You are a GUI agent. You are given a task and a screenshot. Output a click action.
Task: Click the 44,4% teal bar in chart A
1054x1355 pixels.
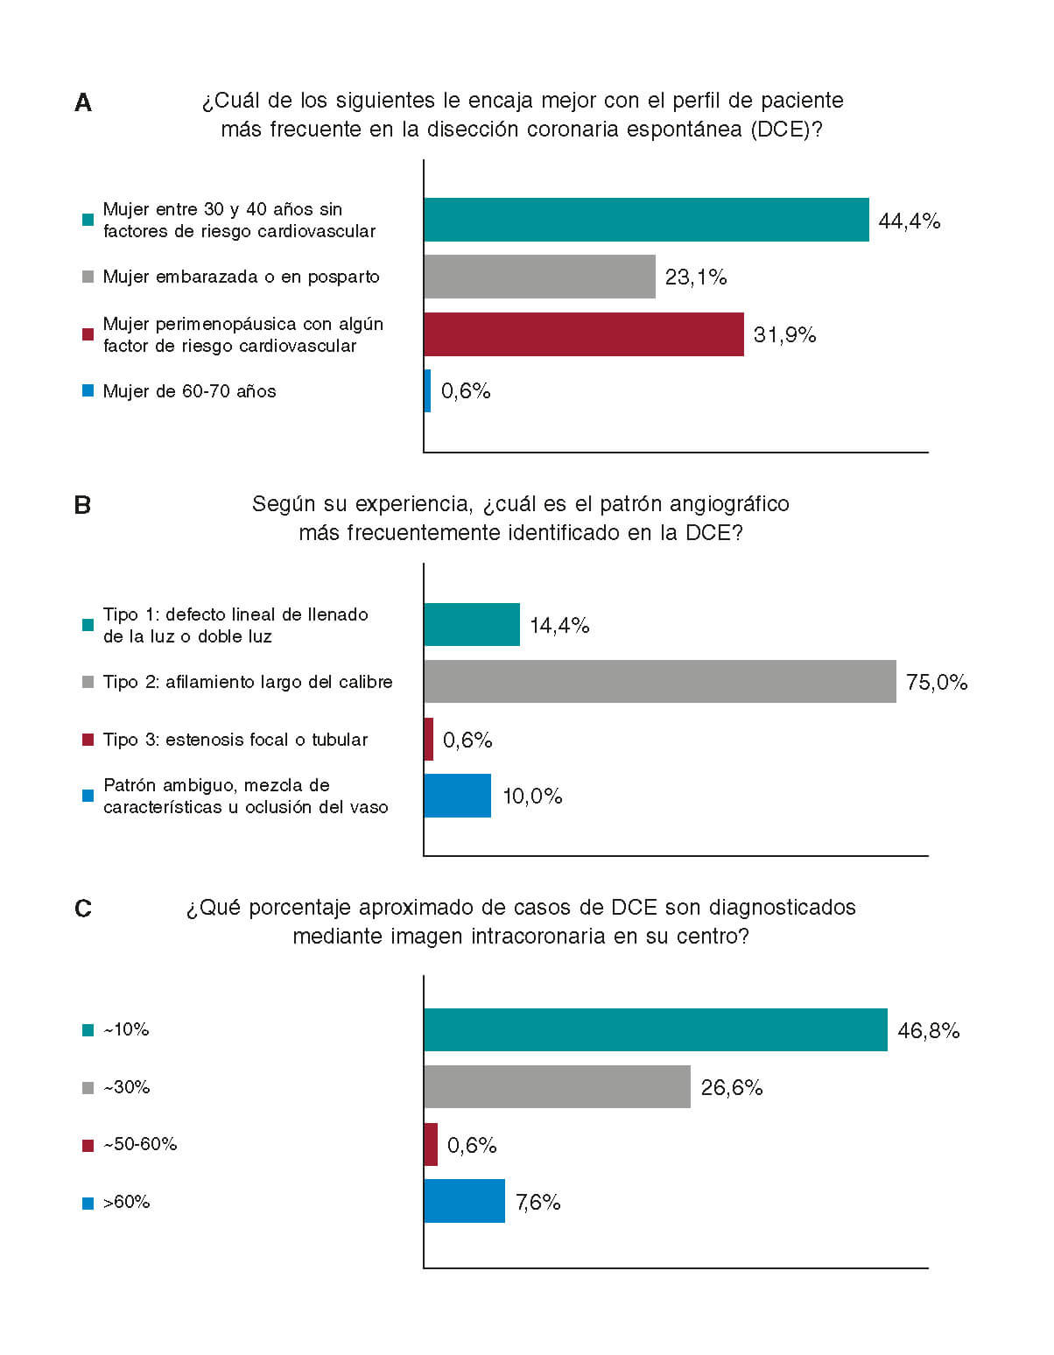pos(646,220)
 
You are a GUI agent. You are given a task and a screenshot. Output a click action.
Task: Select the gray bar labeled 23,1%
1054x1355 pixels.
pos(539,277)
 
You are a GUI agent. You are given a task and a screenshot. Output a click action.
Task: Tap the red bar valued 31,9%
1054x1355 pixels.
pos(583,334)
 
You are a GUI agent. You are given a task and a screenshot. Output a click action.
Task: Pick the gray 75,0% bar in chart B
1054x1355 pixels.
pos(659,682)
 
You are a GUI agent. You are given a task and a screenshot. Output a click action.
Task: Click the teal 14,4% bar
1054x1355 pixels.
pos(471,625)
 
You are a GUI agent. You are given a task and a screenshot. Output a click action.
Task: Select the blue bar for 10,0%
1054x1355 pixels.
pos(457,796)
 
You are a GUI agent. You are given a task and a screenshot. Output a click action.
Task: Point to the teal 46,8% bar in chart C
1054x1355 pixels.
pos(655,1029)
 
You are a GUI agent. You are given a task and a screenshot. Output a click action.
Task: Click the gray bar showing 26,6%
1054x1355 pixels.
pos(557,1087)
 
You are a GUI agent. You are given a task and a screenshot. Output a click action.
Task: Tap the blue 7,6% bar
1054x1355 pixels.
pos(464,1201)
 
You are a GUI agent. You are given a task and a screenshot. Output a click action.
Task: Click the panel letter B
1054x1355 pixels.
pos(83,506)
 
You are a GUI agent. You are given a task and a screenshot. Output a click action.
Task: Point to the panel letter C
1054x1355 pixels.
pos(83,909)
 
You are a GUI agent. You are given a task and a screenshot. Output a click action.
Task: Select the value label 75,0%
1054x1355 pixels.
pos(937,683)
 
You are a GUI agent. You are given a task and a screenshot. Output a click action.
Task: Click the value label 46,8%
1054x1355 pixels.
pos(929,1031)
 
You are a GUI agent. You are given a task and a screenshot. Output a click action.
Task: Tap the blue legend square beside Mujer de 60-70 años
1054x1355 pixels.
pos(88,391)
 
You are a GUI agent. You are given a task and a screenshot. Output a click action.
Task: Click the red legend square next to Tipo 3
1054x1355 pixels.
pos(88,740)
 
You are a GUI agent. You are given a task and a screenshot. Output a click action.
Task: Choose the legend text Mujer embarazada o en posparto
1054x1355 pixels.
pos(242,277)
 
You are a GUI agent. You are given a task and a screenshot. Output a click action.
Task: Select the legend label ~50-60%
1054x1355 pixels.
pos(140,1144)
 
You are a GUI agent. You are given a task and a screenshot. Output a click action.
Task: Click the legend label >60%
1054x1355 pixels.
pos(127,1202)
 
